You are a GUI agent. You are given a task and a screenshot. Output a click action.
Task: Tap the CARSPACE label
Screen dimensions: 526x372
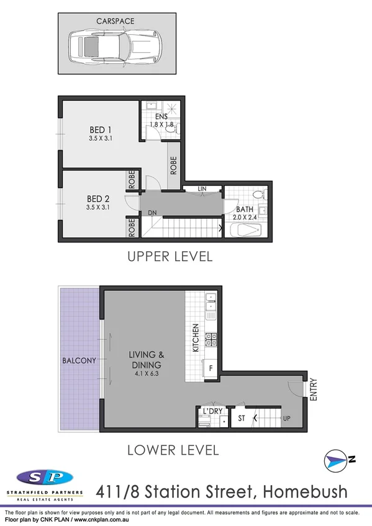[115, 21]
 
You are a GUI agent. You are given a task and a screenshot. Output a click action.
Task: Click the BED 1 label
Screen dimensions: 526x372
[100, 130]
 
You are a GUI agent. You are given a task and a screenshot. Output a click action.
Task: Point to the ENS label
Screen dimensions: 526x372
[161, 117]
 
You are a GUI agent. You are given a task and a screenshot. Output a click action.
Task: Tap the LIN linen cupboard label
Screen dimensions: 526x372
[202, 189]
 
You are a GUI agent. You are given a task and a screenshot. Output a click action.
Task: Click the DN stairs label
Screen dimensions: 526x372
[152, 213]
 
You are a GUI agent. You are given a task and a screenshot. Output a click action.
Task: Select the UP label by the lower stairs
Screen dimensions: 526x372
[287, 419]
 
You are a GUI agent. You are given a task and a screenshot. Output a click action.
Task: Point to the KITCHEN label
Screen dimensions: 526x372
[195, 338]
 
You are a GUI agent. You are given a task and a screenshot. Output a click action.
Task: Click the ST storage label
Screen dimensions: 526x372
[242, 419]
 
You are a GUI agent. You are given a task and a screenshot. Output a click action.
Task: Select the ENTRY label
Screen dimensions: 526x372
[313, 390]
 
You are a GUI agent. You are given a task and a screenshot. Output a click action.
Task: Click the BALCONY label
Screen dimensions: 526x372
[78, 360]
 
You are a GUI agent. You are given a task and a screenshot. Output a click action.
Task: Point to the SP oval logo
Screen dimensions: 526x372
[44, 478]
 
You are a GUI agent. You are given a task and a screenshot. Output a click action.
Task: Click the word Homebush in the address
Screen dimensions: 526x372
[306, 492]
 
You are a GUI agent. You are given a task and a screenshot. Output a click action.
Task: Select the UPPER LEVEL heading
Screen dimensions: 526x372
[170, 256]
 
